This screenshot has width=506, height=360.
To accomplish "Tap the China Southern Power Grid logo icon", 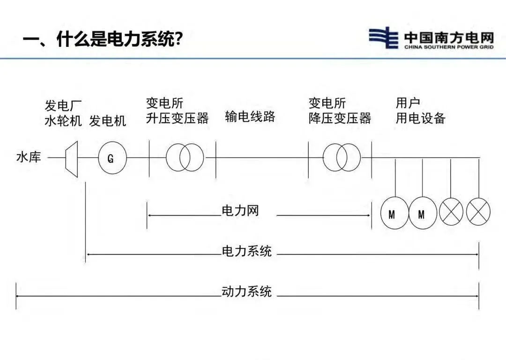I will coord(384,37).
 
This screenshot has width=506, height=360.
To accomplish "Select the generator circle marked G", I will coord(112,158).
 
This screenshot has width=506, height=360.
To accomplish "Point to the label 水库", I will coord(29,157).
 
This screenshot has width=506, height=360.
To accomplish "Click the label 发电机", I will coord(108,121).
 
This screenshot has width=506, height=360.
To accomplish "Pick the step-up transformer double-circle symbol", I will coord(185,157).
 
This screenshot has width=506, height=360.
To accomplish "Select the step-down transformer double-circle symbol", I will coord(342,157).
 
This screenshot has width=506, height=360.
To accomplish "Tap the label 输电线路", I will coord(250,117).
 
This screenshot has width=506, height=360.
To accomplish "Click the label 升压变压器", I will coord(177,118).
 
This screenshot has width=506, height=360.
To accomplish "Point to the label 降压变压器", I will coord(340,118).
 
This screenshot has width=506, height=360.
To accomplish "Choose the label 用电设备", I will coord(420,118).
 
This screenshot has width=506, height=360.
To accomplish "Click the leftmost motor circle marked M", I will coord(394,214).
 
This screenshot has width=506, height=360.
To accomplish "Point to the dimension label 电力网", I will coord(240,211).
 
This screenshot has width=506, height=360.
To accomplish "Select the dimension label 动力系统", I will coord(246,292).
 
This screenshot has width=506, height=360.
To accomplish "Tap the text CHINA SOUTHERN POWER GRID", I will coord(448,47).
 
